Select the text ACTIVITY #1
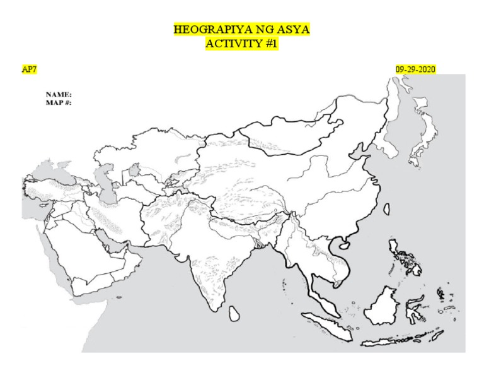pyautogui.click(x=241, y=44)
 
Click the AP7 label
pyautogui.click(x=29, y=69)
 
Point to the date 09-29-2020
pyautogui.click(x=415, y=69)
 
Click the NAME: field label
pyautogui.click(x=59, y=94)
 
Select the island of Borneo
pyautogui.click(x=384, y=306)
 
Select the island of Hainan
pyautogui.click(x=344, y=243)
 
